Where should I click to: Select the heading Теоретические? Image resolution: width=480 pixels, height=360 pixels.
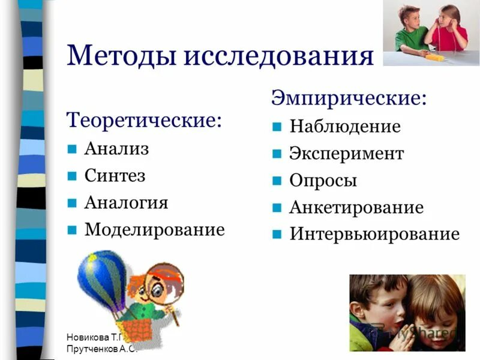144,119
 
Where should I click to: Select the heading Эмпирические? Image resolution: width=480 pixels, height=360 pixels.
350,97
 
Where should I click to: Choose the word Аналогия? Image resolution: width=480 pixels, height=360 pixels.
126,202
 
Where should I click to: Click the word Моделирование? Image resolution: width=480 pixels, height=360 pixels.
155,229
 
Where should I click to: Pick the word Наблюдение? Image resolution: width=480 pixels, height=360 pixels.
345,127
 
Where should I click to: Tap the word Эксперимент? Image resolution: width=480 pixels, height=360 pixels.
347,154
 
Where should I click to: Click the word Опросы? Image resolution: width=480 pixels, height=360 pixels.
323,181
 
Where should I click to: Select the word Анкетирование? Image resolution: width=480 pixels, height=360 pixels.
356,208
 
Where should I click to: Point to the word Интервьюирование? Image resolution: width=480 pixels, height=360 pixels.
374,234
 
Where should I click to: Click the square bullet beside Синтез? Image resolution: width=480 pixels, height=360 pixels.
72,176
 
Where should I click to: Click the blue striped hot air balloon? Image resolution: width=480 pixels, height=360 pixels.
102,277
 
